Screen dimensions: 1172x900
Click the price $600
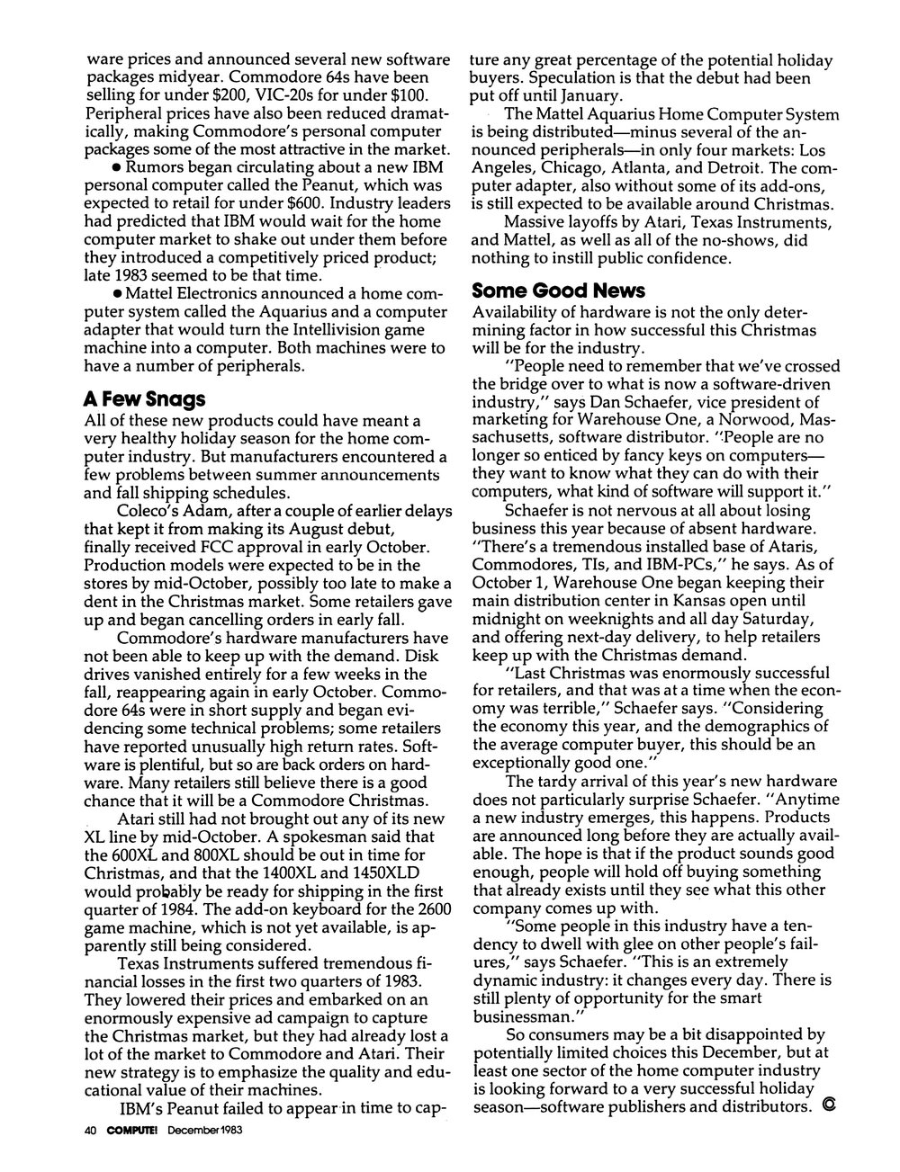click(x=318, y=203)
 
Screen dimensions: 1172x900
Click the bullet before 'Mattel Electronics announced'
click(x=117, y=294)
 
